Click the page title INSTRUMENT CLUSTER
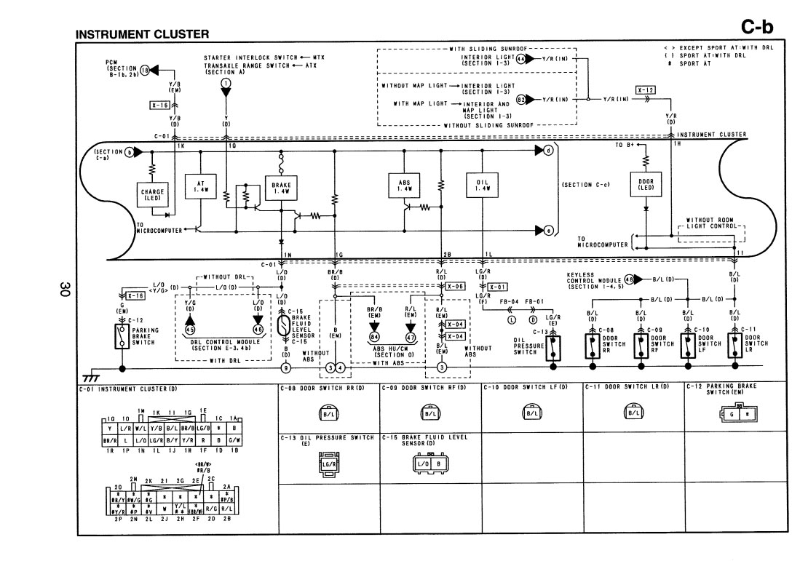(142, 34)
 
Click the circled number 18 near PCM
(144, 70)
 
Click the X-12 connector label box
(646, 90)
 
